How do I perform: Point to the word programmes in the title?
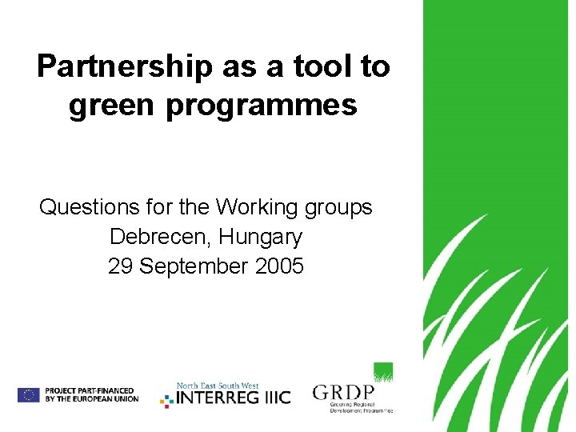coord(261,105)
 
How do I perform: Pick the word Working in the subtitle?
coord(257,207)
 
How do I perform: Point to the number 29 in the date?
coord(120,266)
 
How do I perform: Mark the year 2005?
coord(279,266)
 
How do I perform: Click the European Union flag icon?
coord(29,394)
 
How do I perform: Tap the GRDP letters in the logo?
coord(343,393)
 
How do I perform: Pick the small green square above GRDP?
coord(383,372)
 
